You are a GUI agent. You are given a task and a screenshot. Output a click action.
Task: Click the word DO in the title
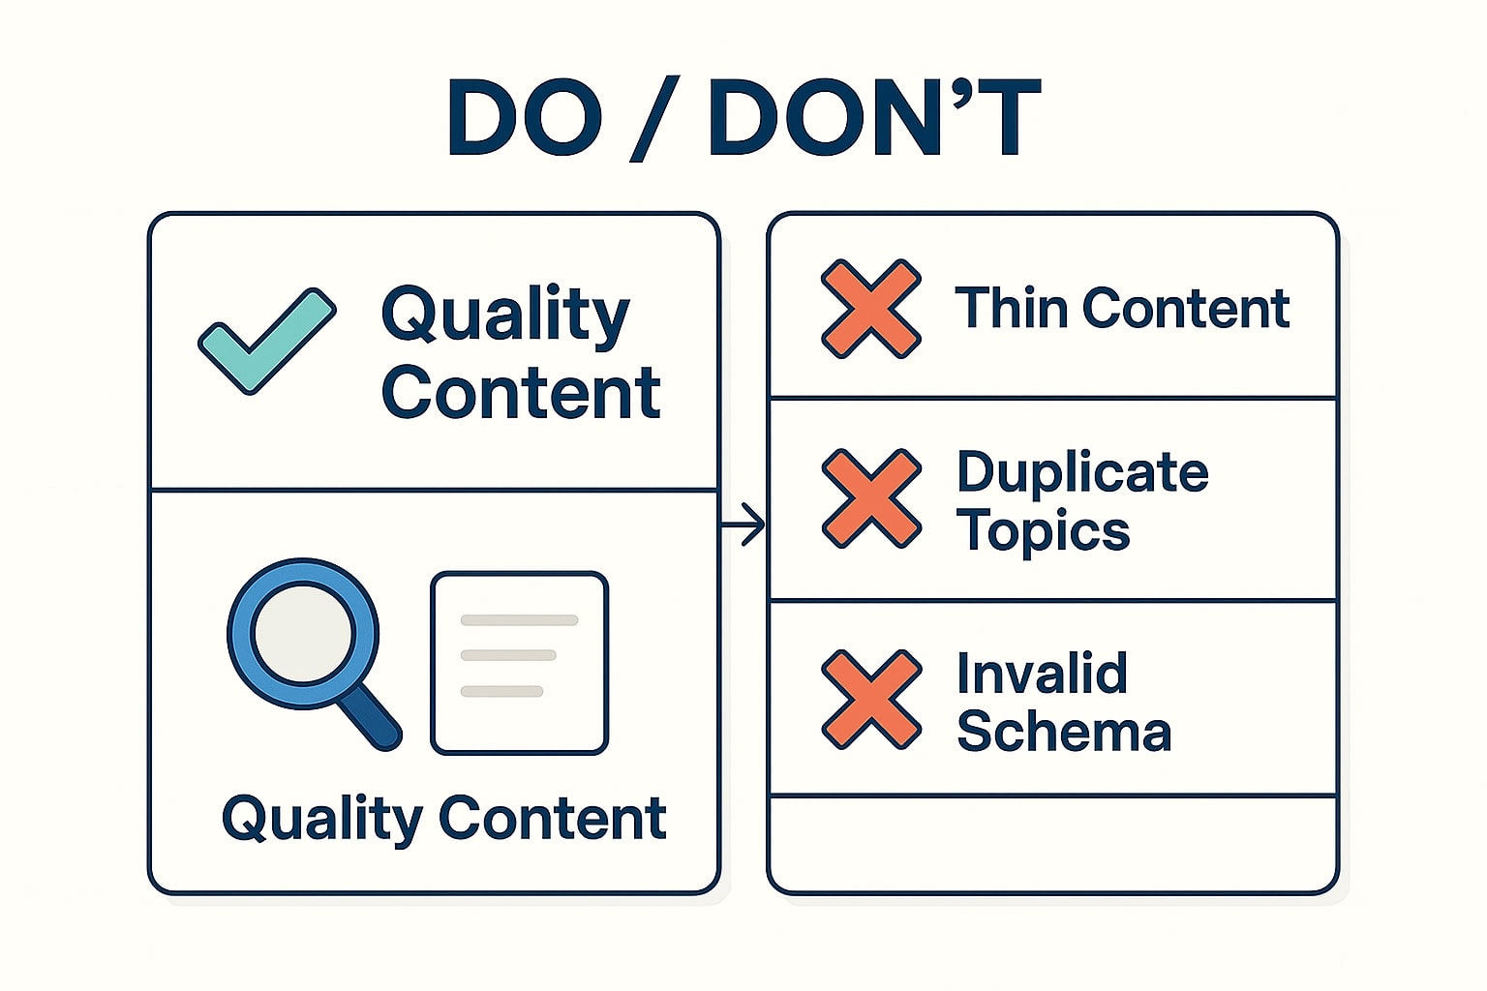(525, 118)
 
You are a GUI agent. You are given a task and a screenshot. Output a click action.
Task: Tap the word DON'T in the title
(875, 118)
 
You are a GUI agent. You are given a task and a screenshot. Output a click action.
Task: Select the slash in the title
(653, 118)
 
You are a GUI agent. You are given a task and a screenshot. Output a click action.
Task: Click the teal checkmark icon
(267, 342)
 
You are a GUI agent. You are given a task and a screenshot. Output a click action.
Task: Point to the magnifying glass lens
(303, 633)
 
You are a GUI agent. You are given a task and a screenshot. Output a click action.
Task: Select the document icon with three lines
(519, 663)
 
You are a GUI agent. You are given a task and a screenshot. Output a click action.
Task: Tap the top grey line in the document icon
(519, 620)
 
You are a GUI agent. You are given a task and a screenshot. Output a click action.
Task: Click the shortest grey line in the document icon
(501, 691)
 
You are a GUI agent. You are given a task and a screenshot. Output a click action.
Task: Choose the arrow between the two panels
(743, 525)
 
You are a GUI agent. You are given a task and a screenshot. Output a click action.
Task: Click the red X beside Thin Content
(871, 309)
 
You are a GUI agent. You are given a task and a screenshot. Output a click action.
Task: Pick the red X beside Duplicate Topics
(871, 498)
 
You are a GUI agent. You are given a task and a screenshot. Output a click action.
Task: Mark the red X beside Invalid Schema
(871, 700)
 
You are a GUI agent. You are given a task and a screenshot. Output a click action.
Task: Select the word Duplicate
(1082, 472)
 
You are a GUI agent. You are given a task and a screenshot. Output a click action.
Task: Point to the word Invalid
(1043, 673)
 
